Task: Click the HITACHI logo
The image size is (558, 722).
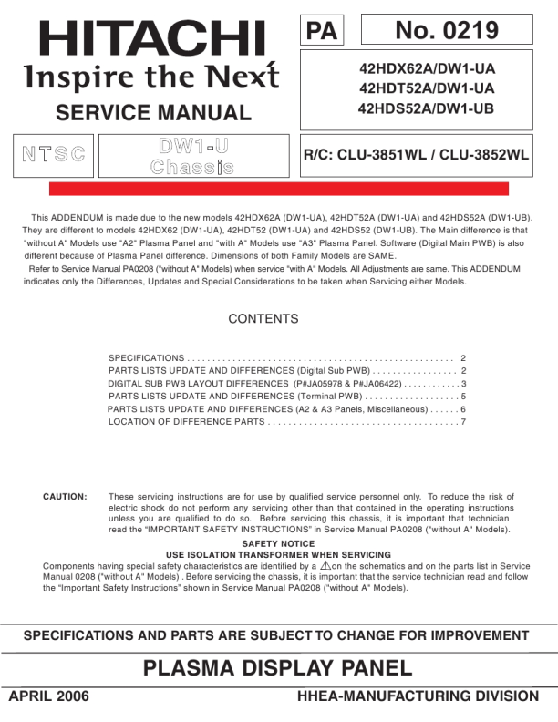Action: (x=152, y=37)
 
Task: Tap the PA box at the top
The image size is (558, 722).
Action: (x=321, y=30)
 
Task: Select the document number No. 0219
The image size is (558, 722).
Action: (x=447, y=30)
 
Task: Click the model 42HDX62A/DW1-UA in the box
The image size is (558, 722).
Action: (x=428, y=68)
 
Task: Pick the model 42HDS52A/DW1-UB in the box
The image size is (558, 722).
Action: (x=428, y=108)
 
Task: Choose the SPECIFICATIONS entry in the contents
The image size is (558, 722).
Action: (x=147, y=359)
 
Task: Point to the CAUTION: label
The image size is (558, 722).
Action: (x=65, y=497)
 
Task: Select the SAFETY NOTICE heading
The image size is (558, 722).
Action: (x=278, y=543)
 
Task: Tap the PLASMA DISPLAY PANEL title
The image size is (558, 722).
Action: (x=278, y=669)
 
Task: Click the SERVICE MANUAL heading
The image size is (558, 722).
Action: (x=153, y=113)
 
